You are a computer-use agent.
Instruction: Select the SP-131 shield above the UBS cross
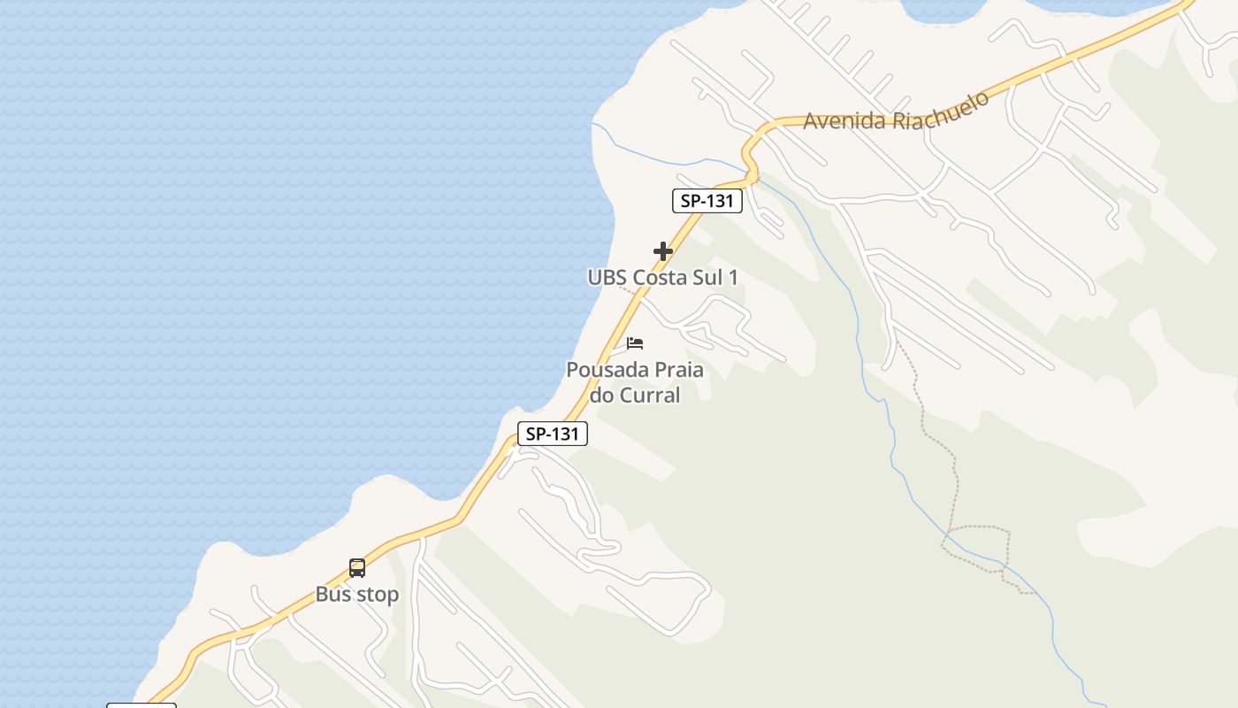(707, 201)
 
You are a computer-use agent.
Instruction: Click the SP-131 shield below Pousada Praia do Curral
(552, 434)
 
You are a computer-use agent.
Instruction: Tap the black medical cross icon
(662, 251)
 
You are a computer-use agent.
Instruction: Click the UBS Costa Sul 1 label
(662, 277)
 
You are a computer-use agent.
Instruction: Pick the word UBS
(608, 277)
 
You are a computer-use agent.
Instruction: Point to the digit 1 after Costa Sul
(732, 277)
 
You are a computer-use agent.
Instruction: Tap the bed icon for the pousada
(635, 343)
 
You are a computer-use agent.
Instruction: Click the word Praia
(676, 370)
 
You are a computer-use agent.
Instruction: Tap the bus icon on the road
(356, 568)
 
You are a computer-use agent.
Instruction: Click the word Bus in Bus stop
(332, 594)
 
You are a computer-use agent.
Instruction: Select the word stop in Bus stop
(378, 594)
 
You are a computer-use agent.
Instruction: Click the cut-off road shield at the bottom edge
(141, 704)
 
